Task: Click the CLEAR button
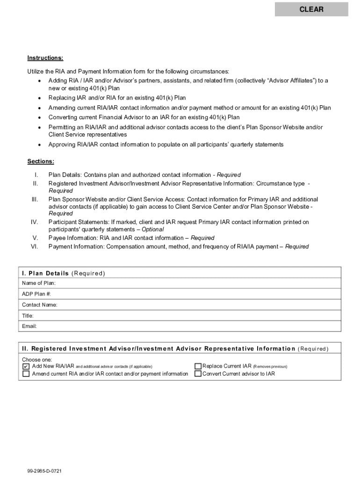coord(311,9)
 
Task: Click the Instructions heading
coord(45,58)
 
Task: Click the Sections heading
coord(41,161)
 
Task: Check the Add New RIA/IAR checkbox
coord(26,367)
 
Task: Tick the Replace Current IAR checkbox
coord(198,367)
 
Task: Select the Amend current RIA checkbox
coord(26,374)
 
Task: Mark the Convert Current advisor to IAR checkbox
coord(198,374)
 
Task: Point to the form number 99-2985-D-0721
coord(44,471)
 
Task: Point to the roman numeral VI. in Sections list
coord(34,247)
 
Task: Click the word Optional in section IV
coord(152,230)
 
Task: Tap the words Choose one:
coord(37,360)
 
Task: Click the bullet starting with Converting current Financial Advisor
coord(144,117)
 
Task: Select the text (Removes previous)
coord(270,367)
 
